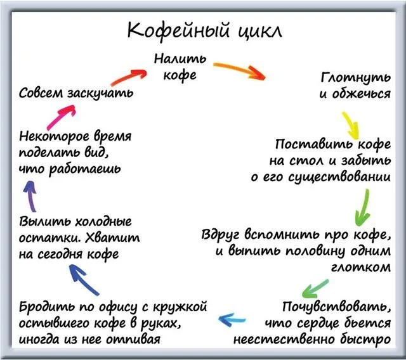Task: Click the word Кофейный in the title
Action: coord(178,30)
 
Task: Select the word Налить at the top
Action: coord(180,59)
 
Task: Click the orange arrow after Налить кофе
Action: coord(239,70)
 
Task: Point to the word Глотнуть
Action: coord(355,77)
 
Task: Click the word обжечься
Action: coord(362,93)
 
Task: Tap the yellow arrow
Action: coord(351,125)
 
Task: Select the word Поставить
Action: coord(314,144)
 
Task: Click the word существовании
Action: coord(339,177)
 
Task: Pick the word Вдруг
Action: coord(221,235)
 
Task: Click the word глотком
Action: coord(361,267)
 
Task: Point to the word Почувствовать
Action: coord(336,307)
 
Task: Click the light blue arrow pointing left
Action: coord(232,319)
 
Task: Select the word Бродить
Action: coord(46,307)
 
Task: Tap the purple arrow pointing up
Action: coord(30,196)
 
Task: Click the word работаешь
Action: coord(85,169)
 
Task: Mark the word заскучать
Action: coord(100,93)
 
